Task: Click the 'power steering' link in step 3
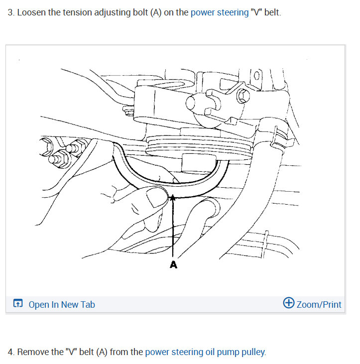pyautogui.click(x=220, y=12)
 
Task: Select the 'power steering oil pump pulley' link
pyautogui.click(x=205, y=352)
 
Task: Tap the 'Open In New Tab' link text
pyautogui.click(x=62, y=305)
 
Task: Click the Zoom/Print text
pyautogui.click(x=319, y=305)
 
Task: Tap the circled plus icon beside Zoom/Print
pyautogui.click(x=288, y=303)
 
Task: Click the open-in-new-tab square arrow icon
pyautogui.click(x=18, y=303)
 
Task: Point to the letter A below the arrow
pyautogui.click(x=173, y=264)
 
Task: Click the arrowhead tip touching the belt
pyautogui.click(x=172, y=195)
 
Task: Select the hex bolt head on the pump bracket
pyautogui.click(x=243, y=96)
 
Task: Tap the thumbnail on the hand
pyautogui.click(x=157, y=197)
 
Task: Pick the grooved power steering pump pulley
pyautogui.click(x=200, y=147)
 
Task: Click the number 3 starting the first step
pyautogui.click(x=10, y=12)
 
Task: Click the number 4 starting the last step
pyautogui.click(x=10, y=352)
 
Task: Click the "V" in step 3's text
pyautogui.click(x=256, y=12)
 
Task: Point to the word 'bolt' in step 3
pyautogui.click(x=140, y=12)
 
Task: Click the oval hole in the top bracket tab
pyautogui.click(x=256, y=76)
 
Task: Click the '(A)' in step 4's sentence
pyautogui.click(x=102, y=352)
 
